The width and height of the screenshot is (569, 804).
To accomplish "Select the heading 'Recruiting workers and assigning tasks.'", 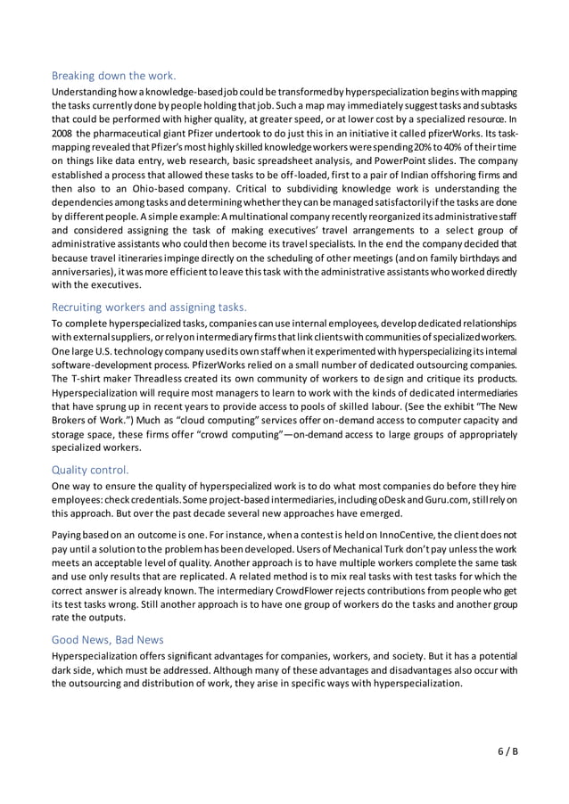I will [x=149, y=308].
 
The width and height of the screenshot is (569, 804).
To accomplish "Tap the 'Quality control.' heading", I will [x=90, y=469].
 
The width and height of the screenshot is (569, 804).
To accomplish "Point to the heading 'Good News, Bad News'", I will [x=107, y=638].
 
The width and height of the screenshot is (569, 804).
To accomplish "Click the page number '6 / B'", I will [x=507, y=751].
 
